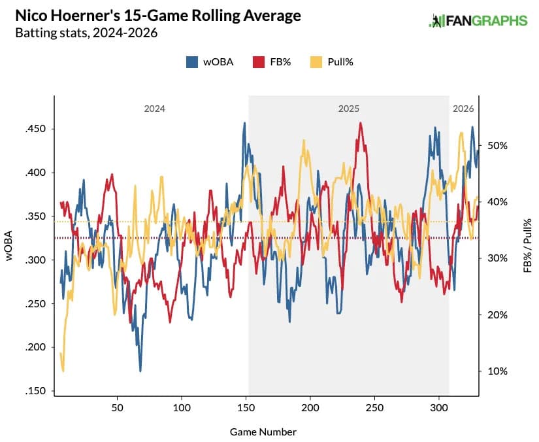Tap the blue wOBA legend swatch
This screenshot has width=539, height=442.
(x=193, y=62)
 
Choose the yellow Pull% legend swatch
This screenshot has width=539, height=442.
(x=316, y=62)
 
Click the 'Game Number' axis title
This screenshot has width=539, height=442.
(x=263, y=432)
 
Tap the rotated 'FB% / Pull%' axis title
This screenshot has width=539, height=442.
(x=527, y=245)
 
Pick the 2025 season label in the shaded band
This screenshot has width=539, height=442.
(x=348, y=109)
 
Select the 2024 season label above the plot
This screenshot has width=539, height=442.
(x=155, y=109)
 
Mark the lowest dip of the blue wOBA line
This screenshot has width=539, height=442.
(x=140, y=371)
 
